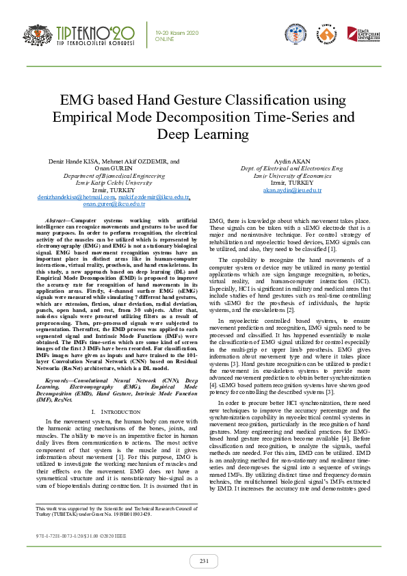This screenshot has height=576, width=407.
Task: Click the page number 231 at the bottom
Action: tap(204, 561)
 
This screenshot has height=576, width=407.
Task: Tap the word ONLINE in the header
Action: tap(165, 39)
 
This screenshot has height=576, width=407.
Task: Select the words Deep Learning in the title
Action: tap(203, 133)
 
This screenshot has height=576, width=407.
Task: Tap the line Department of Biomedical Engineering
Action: tap(114, 176)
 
